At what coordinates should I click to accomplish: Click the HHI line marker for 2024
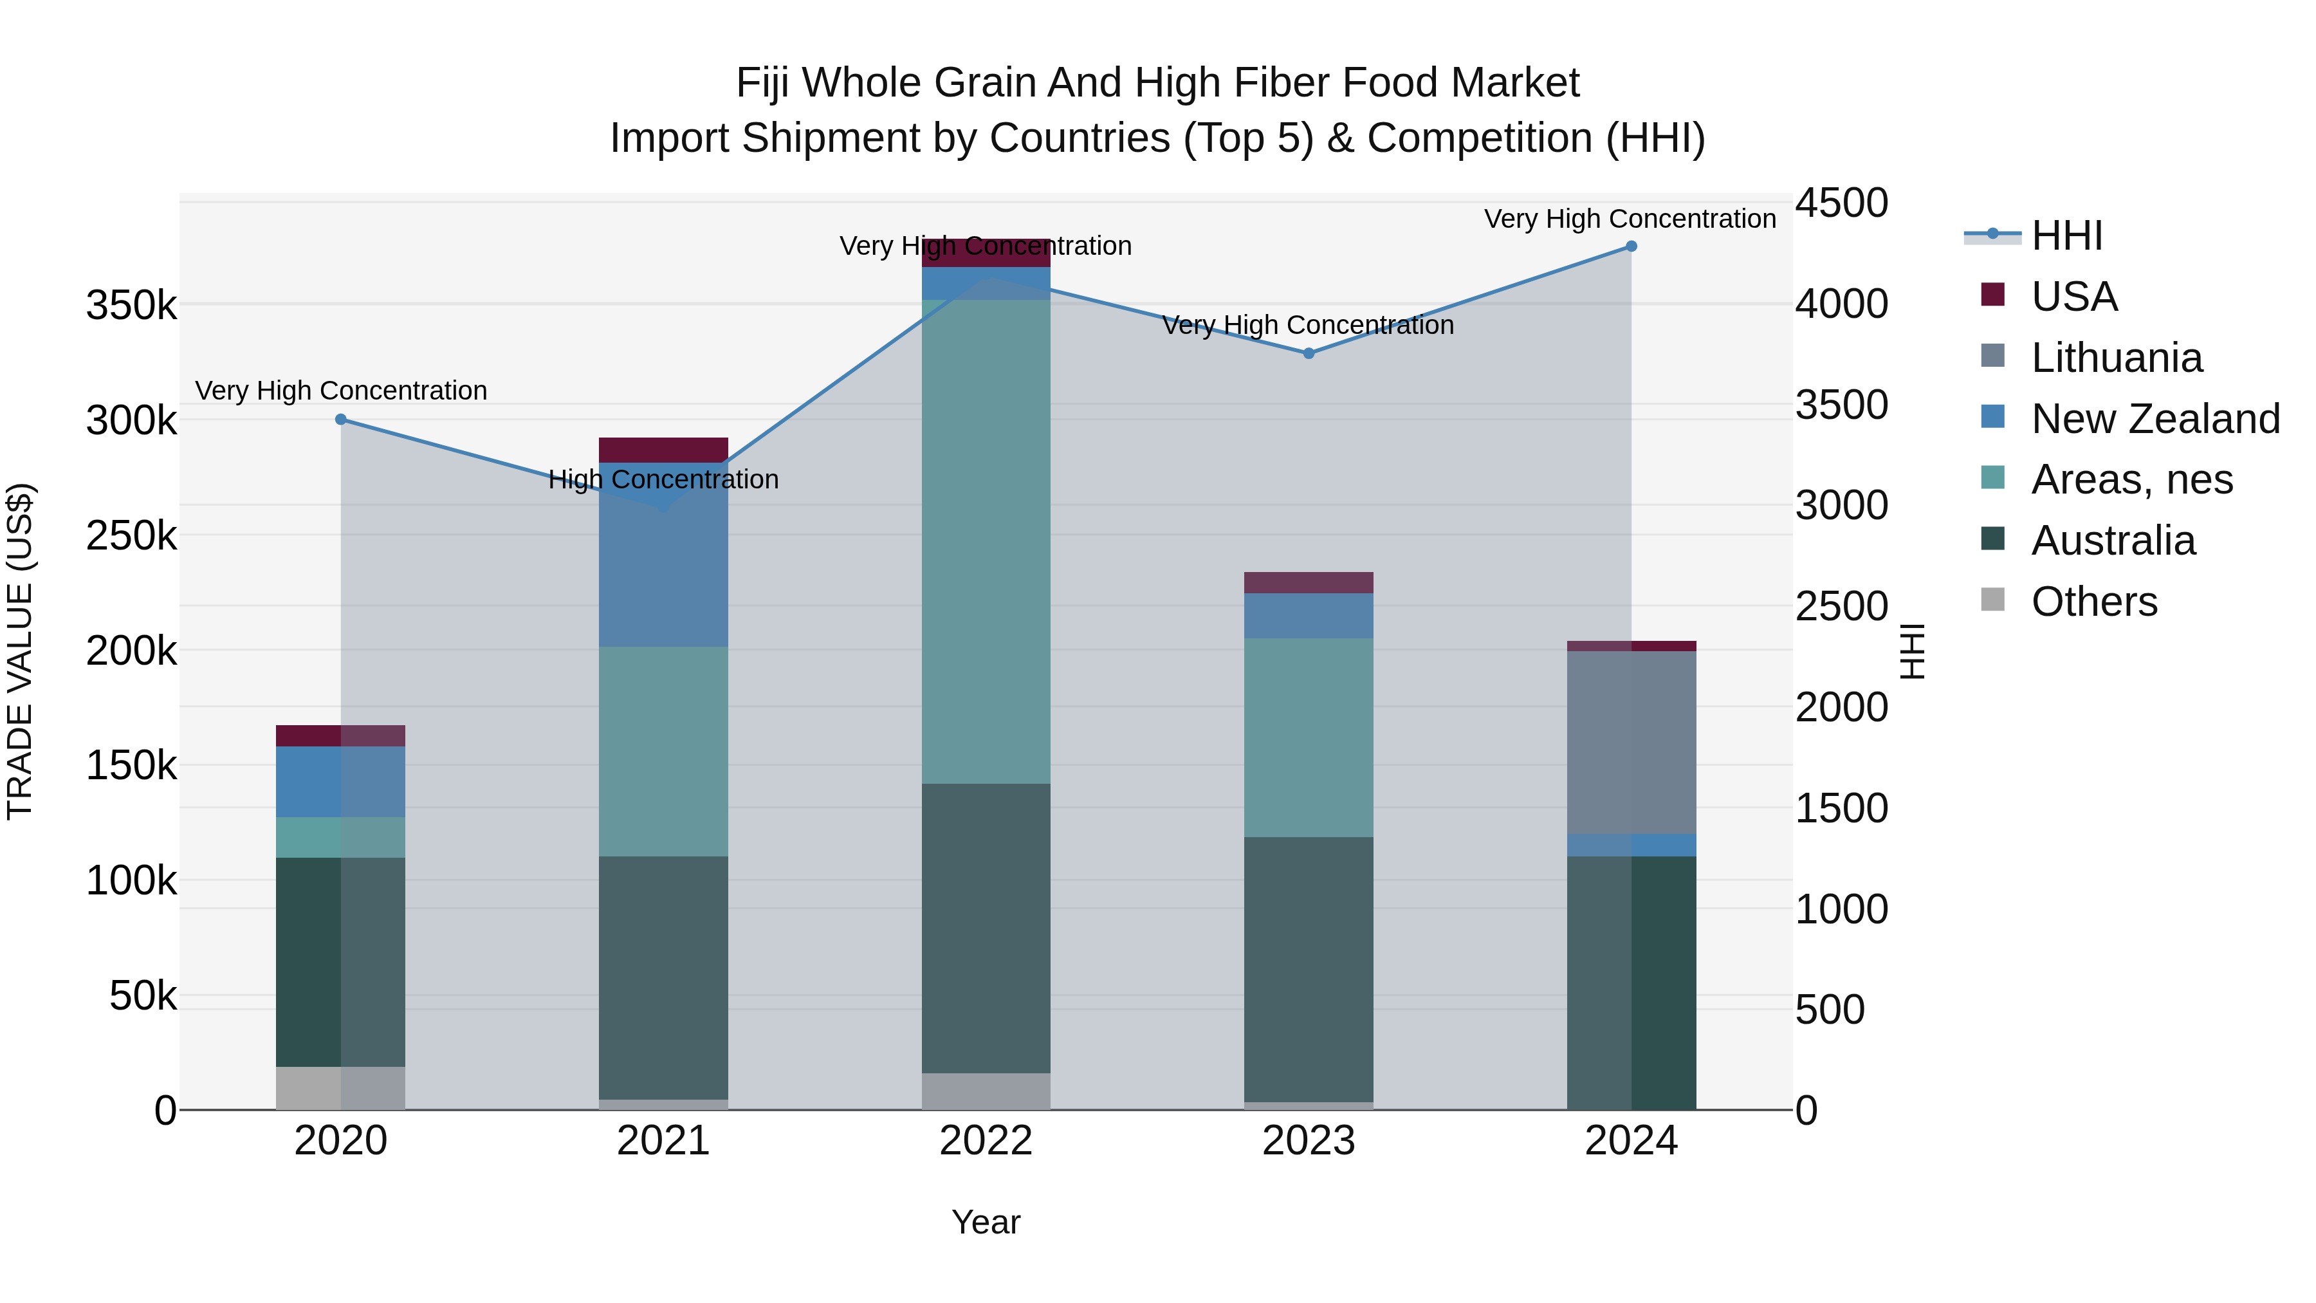[x=1631, y=246]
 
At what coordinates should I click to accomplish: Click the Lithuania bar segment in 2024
[x=1631, y=743]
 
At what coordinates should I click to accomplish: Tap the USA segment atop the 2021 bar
[x=663, y=450]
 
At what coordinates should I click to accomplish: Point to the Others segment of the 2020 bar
[x=341, y=1088]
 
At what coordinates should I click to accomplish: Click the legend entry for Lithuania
[x=2117, y=358]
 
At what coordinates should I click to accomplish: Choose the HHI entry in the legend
[x=2066, y=236]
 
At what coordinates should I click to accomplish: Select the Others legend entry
[x=2094, y=602]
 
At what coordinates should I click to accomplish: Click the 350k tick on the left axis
[x=131, y=306]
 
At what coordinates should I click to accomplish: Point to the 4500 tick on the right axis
[x=1841, y=203]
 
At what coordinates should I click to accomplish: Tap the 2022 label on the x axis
[x=986, y=1141]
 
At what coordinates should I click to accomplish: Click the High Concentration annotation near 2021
[x=663, y=479]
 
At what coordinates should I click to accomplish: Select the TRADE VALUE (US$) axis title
[x=20, y=651]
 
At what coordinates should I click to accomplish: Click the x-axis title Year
[x=986, y=1222]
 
